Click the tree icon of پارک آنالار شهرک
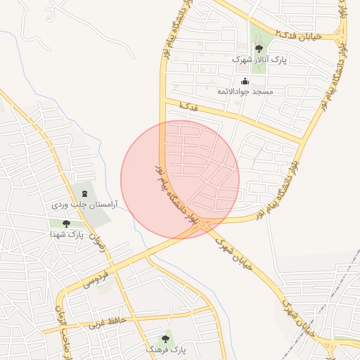pyautogui.click(x=259, y=49)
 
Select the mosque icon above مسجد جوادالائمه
pyautogui.click(x=245, y=81)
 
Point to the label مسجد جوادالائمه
pyautogui.click(x=245, y=92)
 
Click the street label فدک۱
pyautogui.click(x=188, y=105)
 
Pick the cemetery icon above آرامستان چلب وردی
pyautogui.click(x=85, y=193)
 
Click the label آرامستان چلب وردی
pyautogui.click(x=84, y=205)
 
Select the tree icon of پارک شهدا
pyautogui.click(x=66, y=224)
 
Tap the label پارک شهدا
pyautogui.click(x=86, y=235)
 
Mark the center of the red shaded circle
pyautogui.click(x=180, y=180)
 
